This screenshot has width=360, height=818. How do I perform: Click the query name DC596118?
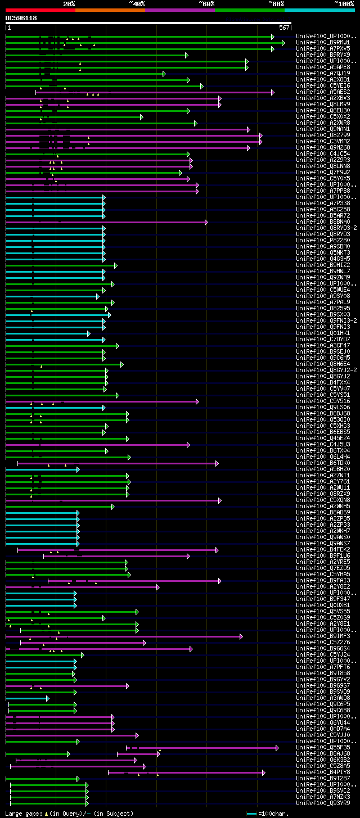pyautogui.click(x=21, y=18)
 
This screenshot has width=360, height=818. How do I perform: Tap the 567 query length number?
pyautogui.click(x=283, y=28)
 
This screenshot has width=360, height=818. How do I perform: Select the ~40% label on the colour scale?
pyautogui.click(x=137, y=3)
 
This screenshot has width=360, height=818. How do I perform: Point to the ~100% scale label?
pyautogui.click(x=344, y=3)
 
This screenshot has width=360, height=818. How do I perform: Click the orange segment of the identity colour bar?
pyautogui.click(x=110, y=10)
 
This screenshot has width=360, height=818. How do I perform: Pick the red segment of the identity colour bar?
pyautogui.click(x=40, y=10)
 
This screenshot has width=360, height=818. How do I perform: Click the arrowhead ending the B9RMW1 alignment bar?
pyautogui.click(x=283, y=43)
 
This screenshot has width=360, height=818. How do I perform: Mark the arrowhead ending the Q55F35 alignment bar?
pyautogui.click(x=277, y=748)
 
